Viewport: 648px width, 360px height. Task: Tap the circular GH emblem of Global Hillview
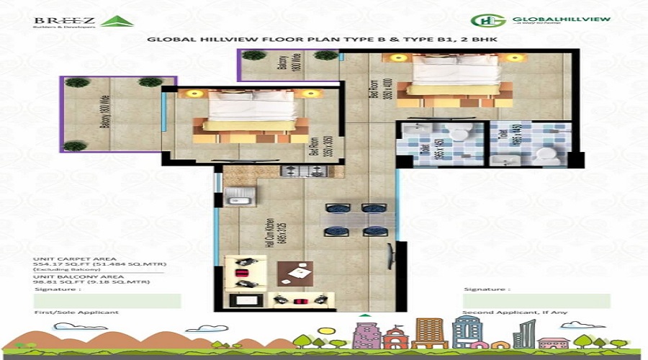pos(482,21)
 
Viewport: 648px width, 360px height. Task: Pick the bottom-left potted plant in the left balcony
pos(75,146)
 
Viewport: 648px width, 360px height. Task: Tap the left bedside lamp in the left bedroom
pos(192,94)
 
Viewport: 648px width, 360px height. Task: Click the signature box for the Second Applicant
pos(536,301)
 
